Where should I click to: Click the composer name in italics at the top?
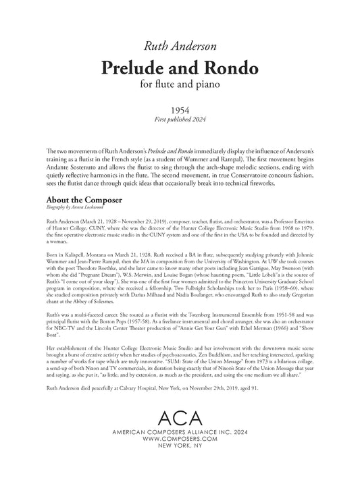point(180,46)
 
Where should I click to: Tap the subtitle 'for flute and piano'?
point(180,85)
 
